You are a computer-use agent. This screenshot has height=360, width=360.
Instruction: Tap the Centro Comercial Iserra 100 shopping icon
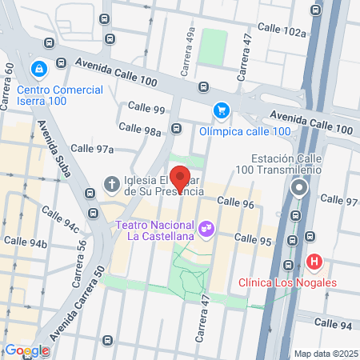(37, 70)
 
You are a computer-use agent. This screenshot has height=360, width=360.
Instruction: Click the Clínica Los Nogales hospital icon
(314, 262)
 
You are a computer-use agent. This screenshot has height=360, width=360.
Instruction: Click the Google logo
(26, 350)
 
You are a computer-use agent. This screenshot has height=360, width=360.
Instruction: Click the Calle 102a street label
(283, 31)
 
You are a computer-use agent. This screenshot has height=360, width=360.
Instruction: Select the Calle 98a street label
(141, 127)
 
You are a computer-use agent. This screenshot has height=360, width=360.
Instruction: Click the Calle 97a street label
(93, 148)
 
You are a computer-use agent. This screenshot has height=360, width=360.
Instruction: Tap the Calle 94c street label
(62, 220)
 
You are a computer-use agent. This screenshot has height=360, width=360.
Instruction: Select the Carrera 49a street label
(188, 60)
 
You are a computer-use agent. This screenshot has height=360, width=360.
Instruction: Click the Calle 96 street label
(235, 204)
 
